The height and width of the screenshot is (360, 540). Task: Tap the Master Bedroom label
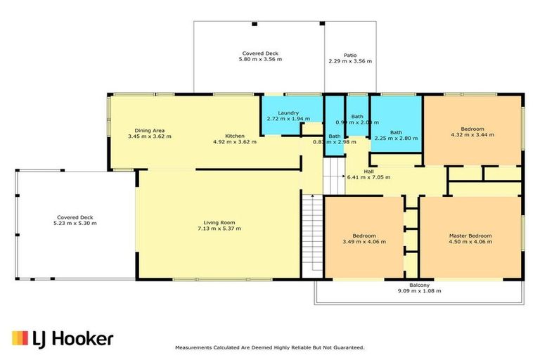pyautogui.click(x=470, y=236)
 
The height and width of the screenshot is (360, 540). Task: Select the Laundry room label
pyautogui.click(x=288, y=112)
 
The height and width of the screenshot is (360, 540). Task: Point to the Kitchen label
pyautogui.click(x=235, y=135)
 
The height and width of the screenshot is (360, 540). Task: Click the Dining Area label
pyautogui.click(x=150, y=130)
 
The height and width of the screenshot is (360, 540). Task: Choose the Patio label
pyautogui.click(x=349, y=54)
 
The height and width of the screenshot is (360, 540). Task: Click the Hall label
pyautogui.click(x=368, y=170)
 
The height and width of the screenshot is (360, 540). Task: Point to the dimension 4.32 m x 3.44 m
pyautogui.click(x=472, y=136)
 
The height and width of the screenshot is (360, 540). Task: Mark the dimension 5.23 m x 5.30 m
pyautogui.click(x=75, y=223)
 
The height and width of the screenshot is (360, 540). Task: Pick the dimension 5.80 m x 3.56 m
pyautogui.click(x=262, y=60)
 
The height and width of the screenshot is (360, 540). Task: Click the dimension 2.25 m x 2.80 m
pyautogui.click(x=397, y=139)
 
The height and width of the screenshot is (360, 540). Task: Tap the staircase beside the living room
pyautogui.click(x=311, y=236)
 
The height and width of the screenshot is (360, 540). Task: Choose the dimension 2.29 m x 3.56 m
pyautogui.click(x=349, y=61)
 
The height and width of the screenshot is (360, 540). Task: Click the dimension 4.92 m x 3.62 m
pyautogui.click(x=235, y=141)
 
